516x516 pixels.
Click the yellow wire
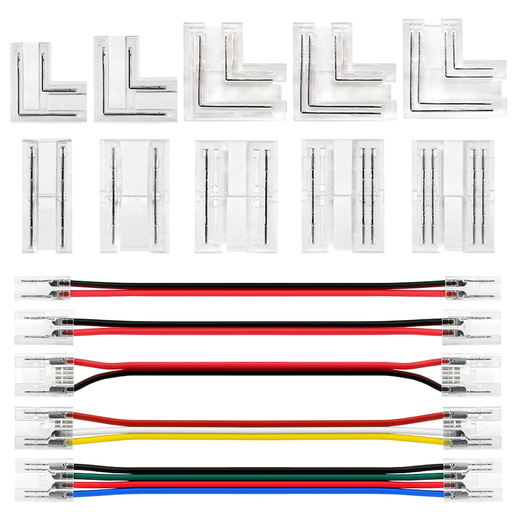[x=258, y=437]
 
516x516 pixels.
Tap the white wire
[x=258, y=429]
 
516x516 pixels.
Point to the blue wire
[x=258, y=491]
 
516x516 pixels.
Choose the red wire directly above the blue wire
[x=258, y=484]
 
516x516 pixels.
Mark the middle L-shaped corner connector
[x=234, y=70]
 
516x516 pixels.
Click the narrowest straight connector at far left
[x=47, y=195]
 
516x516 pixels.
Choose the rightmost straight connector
[x=453, y=196]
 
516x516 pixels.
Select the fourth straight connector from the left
[x=343, y=196]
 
